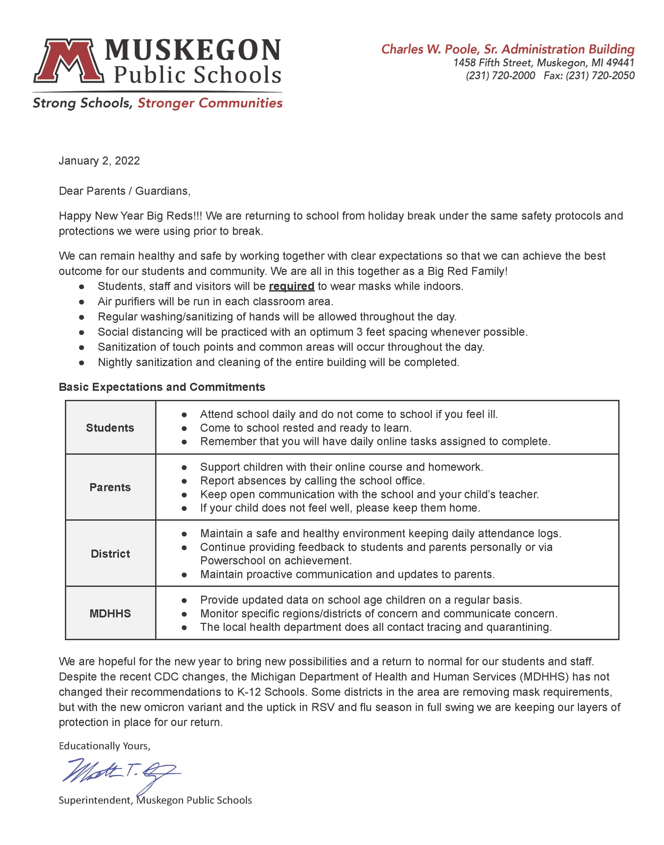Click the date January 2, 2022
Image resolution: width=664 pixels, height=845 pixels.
[99, 161]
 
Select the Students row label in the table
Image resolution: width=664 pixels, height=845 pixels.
[110, 428]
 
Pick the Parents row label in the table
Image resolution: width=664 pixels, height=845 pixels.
[110, 487]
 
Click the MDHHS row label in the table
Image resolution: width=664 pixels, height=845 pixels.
[110, 613]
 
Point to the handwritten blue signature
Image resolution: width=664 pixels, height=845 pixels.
[120, 772]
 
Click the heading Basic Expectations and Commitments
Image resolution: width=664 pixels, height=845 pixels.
[162, 387]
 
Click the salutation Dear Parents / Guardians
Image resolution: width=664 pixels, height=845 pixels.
[124, 191]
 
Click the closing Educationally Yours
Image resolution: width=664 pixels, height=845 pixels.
[104, 746]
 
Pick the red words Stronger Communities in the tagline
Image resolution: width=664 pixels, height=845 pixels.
[210, 103]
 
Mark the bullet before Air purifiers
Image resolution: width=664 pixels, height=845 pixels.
[82, 302]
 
